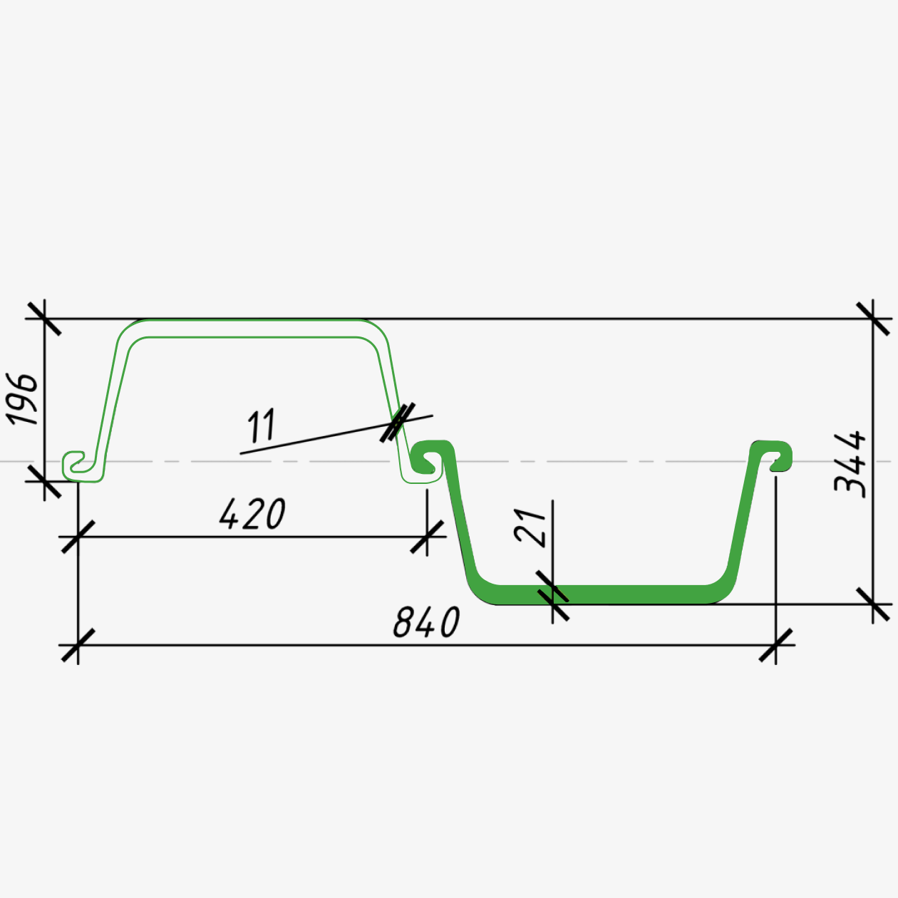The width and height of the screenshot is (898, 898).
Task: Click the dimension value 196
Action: pos(21,399)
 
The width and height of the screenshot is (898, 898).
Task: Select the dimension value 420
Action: pos(252,514)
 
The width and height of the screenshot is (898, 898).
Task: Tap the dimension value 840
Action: pos(427,621)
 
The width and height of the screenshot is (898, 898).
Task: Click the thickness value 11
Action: pos(261,425)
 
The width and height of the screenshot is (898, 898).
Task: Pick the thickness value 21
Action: pos(530,528)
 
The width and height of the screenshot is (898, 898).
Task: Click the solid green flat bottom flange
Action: pos(601,594)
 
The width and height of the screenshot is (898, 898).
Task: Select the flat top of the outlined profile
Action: pos(252,328)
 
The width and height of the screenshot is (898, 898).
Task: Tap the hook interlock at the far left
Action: pos(80,467)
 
